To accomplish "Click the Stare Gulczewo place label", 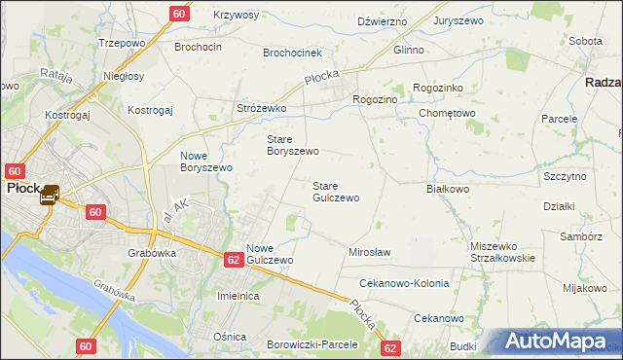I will click(x=335, y=191).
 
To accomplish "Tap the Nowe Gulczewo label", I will click(x=269, y=254).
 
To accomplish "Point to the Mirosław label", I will click(x=369, y=252).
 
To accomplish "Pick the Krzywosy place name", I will click(x=236, y=16).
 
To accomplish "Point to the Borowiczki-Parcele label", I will click(x=312, y=344).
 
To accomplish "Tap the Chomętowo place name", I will click(x=447, y=113).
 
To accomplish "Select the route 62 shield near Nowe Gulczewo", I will click(x=233, y=260).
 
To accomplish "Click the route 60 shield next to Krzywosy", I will click(x=179, y=14).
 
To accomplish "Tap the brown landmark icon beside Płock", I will click(x=50, y=196).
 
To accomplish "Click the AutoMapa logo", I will click(x=559, y=342).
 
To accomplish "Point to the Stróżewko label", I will click(x=261, y=109).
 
